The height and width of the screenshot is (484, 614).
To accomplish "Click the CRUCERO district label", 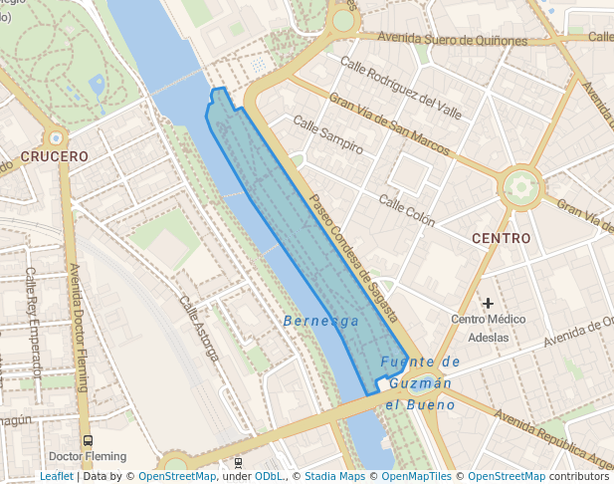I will point(55,156).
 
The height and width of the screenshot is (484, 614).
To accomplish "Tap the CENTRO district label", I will point(501,239).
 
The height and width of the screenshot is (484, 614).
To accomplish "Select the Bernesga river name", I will point(320,322).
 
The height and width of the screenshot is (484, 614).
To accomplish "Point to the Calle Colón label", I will point(406,210).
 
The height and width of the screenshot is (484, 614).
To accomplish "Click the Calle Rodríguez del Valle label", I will point(401,88).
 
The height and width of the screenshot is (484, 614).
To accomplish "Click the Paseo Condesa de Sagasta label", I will point(353,258).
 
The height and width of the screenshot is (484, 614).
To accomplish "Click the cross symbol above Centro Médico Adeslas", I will point(488,303).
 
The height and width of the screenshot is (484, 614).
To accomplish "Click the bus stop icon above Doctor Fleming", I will point(88,440).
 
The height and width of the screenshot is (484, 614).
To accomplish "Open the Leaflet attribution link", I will point(56,477).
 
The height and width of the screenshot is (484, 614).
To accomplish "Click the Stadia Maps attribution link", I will point(334,477).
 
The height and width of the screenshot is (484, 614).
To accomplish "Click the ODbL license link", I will point(269,477).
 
